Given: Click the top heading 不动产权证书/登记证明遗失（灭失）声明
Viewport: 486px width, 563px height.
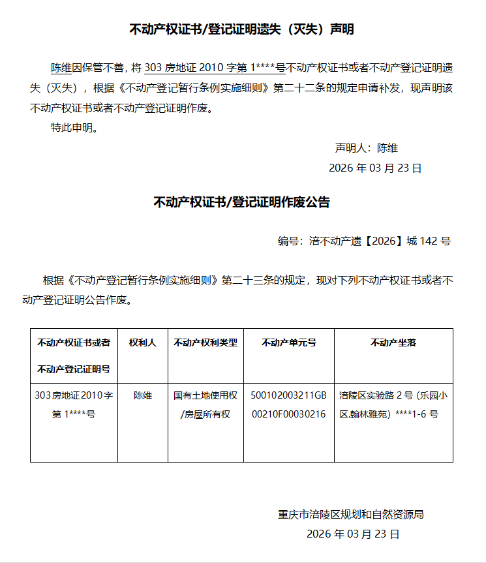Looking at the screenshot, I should tap(242, 29).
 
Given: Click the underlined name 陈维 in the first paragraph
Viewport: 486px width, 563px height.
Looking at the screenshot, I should tap(61, 67).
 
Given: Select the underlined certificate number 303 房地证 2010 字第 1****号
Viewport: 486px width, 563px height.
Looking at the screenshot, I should tap(214, 67).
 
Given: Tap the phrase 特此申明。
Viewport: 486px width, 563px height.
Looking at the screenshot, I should tap(75, 127).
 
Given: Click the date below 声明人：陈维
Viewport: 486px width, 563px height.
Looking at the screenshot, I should tap(375, 168).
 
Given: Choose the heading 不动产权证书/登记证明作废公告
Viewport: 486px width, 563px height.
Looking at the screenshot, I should tap(242, 202).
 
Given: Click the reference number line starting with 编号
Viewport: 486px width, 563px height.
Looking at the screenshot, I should tap(364, 241).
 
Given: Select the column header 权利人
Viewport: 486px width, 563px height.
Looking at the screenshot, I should tap(143, 342).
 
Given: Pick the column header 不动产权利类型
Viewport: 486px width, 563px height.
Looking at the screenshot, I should tap(205, 342).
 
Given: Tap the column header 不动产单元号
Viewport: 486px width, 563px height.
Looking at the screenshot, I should tap(289, 342).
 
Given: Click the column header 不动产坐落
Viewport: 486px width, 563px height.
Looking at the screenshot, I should tap(393, 342).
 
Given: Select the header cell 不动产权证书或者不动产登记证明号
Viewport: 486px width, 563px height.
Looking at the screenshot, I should tap(74, 356).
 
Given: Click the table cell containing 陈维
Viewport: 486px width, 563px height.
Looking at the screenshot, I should tap(143, 395).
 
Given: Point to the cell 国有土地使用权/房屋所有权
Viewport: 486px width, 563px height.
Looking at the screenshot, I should tap(205, 404).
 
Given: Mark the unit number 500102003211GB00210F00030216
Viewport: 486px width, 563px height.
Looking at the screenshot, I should tap(289, 404).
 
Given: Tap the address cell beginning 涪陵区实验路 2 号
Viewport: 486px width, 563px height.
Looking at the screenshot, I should tap(393, 404).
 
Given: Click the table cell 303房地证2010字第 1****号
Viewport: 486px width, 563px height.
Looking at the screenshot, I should tap(74, 404).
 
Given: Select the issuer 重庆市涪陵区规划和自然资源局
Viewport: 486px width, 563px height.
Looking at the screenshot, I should tap(351, 514).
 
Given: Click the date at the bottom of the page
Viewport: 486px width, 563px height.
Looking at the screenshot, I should tap(352, 534).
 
